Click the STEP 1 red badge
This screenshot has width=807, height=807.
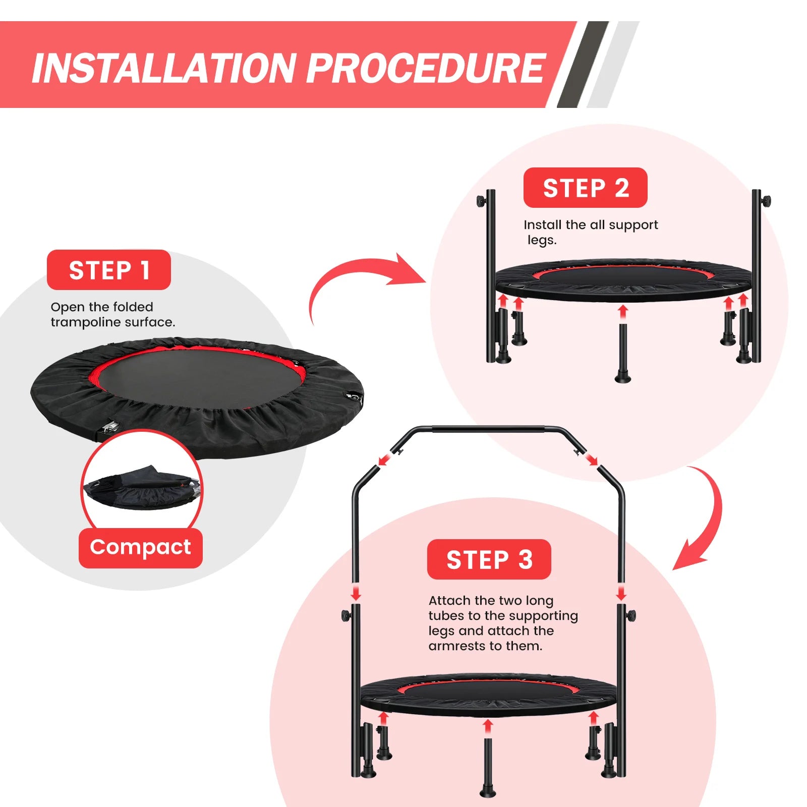[x=108, y=270]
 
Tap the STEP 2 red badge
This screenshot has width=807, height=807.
[x=585, y=188]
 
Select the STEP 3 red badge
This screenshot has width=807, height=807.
[x=489, y=559]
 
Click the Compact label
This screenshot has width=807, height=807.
[x=140, y=548]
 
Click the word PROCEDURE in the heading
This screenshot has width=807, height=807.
[x=426, y=68]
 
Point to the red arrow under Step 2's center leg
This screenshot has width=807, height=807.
[x=623, y=311]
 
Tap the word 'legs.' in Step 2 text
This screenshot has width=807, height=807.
[x=542, y=240]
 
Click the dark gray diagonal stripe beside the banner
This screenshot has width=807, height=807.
[x=583, y=65]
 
